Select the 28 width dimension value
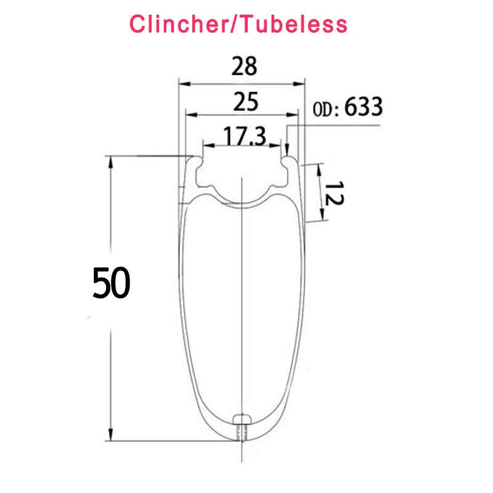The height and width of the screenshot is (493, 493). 244,66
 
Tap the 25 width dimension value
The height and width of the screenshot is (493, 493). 245,102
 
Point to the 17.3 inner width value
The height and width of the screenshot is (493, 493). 244,136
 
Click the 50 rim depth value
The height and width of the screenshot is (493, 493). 111,282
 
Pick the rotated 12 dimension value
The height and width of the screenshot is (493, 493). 334,194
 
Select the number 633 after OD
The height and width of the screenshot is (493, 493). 364,107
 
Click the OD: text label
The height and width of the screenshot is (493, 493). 326,110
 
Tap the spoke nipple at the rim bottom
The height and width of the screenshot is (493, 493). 242,427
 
